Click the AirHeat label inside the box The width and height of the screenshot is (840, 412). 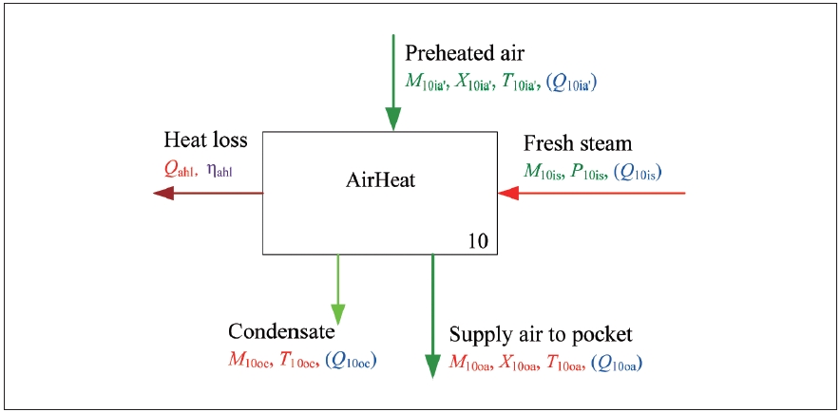(380, 176)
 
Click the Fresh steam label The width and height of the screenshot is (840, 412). (578, 143)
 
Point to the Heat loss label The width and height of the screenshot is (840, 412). (205, 140)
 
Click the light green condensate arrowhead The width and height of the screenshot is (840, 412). (337, 314)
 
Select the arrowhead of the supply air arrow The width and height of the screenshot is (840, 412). (432, 365)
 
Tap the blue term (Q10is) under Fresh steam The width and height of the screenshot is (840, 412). (639, 173)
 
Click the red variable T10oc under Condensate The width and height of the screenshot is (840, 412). (297, 361)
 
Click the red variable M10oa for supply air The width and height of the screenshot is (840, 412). (471, 364)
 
